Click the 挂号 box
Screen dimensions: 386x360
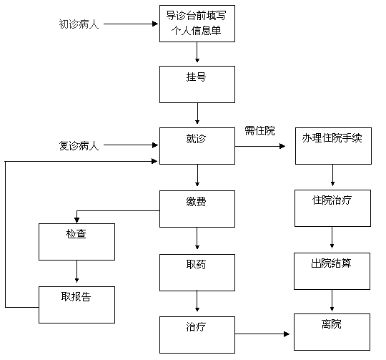click(197, 84)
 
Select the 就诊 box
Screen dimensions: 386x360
click(197, 146)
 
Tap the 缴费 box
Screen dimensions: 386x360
click(197, 209)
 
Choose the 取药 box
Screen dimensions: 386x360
click(197, 273)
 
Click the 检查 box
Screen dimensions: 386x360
click(76, 242)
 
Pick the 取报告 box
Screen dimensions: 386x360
click(76, 305)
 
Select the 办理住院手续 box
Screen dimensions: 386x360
click(333, 146)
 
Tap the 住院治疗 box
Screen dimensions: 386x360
click(332, 208)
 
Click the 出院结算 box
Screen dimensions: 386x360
click(332, 271)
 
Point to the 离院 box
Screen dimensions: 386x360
click(332, 332)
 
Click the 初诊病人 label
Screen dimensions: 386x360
click(79, 24)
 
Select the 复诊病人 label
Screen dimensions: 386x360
click(79, 145)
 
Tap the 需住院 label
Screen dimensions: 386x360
click(259, 130)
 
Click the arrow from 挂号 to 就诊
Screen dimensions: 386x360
click(197, 113)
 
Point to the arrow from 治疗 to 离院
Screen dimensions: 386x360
click(262, 334)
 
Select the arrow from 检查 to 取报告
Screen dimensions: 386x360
click(76, 271)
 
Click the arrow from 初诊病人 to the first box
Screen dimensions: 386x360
click(131, 24)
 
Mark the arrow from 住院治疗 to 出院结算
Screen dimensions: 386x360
click(332, 238)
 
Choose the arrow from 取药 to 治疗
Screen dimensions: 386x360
click(197, 301)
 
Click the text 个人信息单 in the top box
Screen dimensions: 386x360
click(196, 31)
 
